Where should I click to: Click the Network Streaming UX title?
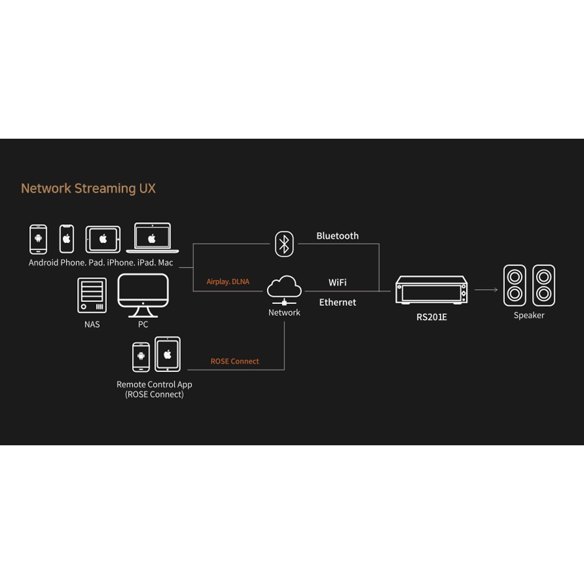(x=88, y=189)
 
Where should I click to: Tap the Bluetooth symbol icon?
(x=284, y=244)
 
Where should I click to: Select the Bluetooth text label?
(x=338, y=236)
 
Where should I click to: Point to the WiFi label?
(x=338, y=283)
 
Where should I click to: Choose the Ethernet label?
(x=338, y=302)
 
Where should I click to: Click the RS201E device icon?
(x=431, y=290)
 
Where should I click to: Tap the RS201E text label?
(x=432, y=317)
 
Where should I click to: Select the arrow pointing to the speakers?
(x=486, y=289)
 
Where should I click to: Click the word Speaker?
(x=529, y=315)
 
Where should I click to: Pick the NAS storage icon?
(x=92, y=296)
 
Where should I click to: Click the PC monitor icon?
(x=143, y=296)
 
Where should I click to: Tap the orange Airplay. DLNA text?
(x=228, y=281)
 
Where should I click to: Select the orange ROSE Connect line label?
(x=235, y=361)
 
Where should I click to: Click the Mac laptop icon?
(x=152, y=238)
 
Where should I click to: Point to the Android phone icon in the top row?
(x=38, y=239)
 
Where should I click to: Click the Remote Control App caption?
(x=154, y=389)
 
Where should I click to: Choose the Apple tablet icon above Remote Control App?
(x=168, y=354)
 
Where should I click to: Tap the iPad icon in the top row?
(x=103, y=239)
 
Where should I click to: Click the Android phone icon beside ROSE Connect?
(x=141, y=356)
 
